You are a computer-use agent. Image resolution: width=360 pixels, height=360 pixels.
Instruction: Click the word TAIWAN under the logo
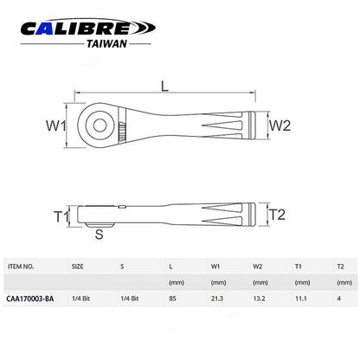click(x=106, y=44)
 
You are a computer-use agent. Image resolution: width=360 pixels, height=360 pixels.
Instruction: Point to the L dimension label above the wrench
click(x=164, y=86)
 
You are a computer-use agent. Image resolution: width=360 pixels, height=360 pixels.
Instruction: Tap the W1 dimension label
click(x=56, y=125)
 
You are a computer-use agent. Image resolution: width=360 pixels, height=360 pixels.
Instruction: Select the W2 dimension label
click(x=280, y=125)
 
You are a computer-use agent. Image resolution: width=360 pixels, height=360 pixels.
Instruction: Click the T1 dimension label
click(x=61, y=216)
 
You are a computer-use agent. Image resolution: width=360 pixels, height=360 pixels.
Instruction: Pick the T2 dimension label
click(x=277, y=215)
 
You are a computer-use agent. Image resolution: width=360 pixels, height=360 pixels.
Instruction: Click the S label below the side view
click(x=99, y=235)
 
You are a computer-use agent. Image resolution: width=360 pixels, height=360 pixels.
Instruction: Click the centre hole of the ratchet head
click(x=100, y=125)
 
